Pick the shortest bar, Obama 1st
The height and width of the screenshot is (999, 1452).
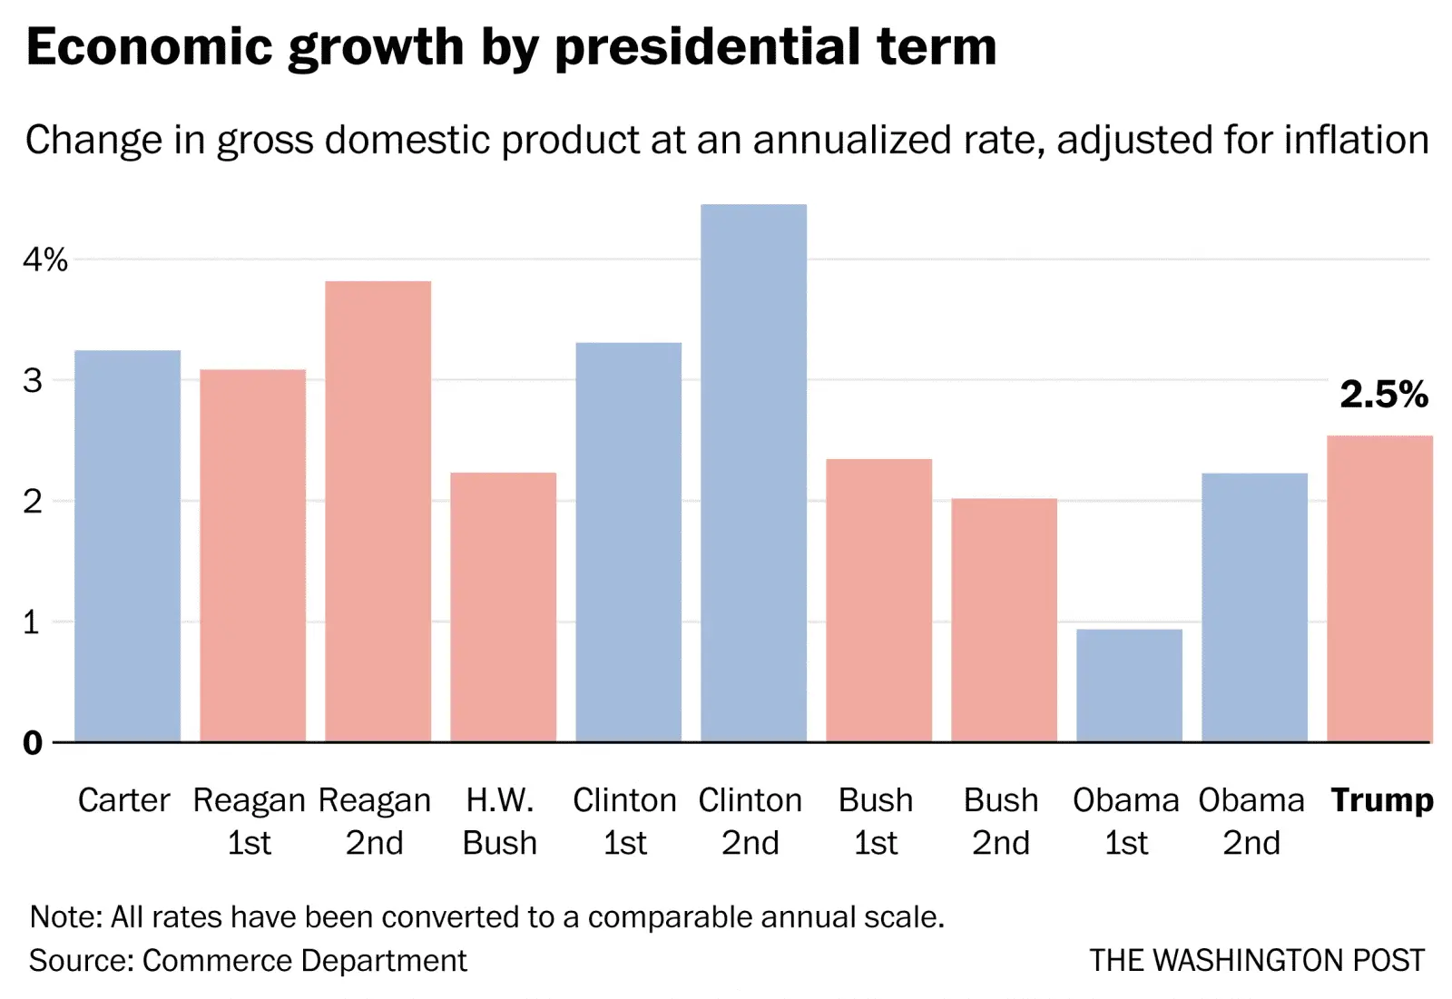click(x=1129, y=686)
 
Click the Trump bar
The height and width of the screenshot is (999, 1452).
click(x=1379, y=589)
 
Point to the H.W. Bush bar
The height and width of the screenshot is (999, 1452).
click(x=503, y=607)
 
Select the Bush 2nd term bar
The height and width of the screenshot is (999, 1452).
click(x=1004, y=621)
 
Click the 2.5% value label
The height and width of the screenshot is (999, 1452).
click(x=1384, y=395)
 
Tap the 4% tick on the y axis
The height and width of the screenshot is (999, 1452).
click(x=45, y=260)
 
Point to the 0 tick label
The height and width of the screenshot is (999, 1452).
click(x=33, y=743)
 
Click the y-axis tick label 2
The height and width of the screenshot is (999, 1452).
click(x=33, y=501)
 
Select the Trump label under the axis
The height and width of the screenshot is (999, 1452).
click(x=1382, y=800)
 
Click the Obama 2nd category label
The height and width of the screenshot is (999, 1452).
click(x=1251, y=821)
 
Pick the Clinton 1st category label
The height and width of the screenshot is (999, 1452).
click(x=625, y=821)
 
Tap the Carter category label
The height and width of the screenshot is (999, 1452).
click(x=124, y=800)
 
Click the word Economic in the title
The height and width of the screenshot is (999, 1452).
click(x=150, y=47)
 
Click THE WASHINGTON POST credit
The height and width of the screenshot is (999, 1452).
click(x=1257, y=960)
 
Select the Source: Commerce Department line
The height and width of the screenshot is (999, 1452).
click(x=248, y=960)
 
